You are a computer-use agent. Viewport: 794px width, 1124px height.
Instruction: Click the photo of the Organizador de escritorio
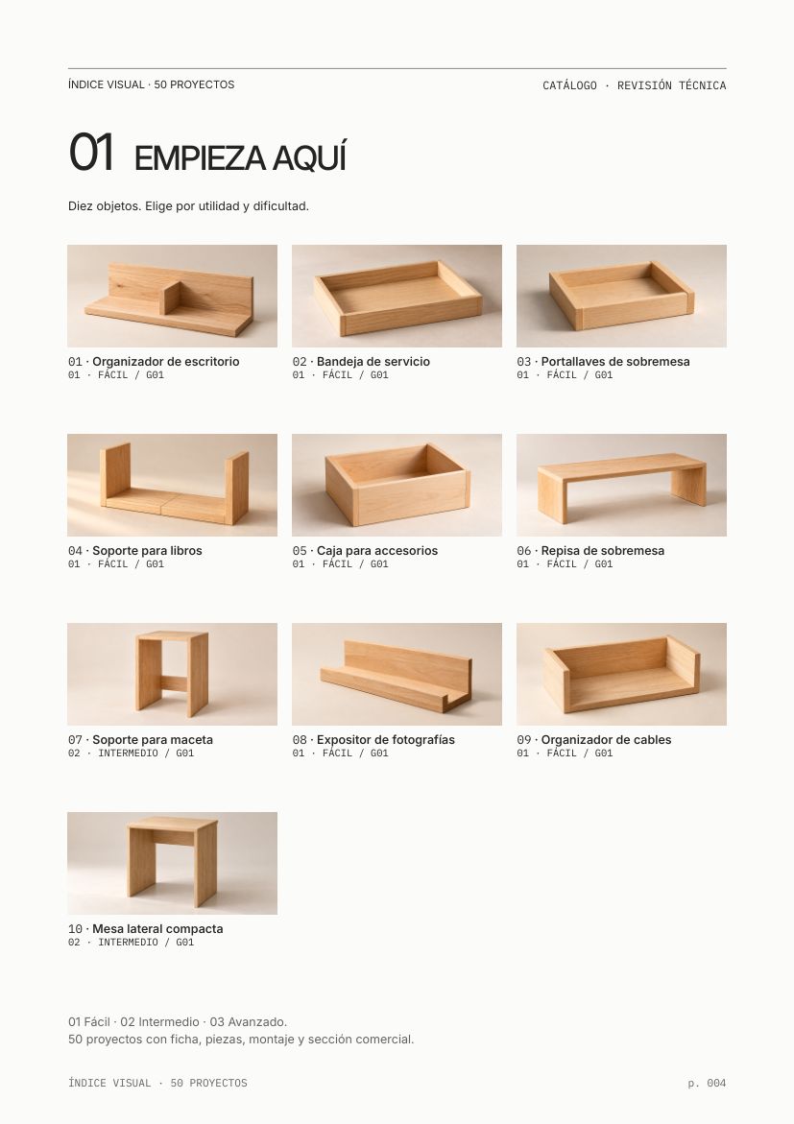[x=172, y=296]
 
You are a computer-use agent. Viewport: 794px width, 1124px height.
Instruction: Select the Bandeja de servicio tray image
[x=397, y=296]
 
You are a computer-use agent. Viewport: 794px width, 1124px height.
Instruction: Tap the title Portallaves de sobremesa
[x=615, y=361]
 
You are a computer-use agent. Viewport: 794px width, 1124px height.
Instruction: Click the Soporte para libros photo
[x=172, y=486]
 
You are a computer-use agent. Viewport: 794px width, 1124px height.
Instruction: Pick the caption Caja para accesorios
[x=377, y=551]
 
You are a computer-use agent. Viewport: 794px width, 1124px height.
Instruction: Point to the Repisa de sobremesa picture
[x=621, y=486]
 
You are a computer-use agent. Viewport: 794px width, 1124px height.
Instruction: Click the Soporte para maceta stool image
[x=172, y=674]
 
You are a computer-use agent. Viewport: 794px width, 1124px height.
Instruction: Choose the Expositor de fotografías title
[x=386, y=740]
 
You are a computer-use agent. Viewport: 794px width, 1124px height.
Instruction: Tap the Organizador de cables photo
[x=621, y=674]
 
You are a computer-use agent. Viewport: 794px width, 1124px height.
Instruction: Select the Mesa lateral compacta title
[x=157, y=929]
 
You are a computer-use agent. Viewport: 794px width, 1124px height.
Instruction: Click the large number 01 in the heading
[x=91, y=152]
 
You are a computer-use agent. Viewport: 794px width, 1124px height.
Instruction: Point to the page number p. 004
[x=707, y=1083]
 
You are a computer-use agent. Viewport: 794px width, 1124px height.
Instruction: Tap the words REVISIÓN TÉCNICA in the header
[x=672, y=85]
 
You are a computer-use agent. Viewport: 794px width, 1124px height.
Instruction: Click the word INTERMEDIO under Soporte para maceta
[x=129, y=753]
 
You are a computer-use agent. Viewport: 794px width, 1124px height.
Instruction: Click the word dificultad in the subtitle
[x=281, y=206]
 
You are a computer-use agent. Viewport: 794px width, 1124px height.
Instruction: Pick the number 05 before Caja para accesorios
[x=300, y=551]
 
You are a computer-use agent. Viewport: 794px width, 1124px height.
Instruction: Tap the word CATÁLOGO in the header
[x=569, y=85]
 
